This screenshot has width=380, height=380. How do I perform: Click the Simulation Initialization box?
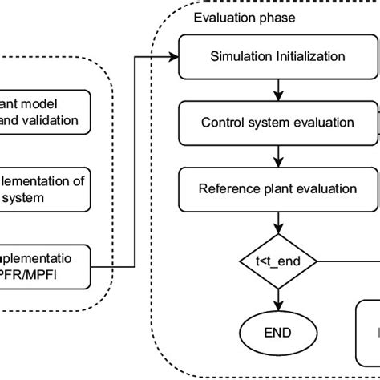(277, 56)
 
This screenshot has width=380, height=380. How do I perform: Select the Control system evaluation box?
(277, 123)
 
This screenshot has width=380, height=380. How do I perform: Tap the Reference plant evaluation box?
(277, 189)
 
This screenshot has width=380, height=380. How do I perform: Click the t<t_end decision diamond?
(277, 261)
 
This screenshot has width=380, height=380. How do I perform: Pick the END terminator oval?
(277, 331)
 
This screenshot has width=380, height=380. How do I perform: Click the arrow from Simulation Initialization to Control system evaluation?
(277, 90)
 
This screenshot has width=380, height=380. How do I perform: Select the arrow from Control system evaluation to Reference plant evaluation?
(277, 156)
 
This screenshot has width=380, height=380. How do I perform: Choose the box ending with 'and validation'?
(44, 112)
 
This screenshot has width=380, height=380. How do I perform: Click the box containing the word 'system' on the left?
(44, 189)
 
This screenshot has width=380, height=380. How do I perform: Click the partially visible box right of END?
(367, 331)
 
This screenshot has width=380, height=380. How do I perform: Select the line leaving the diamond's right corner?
(349, 261)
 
